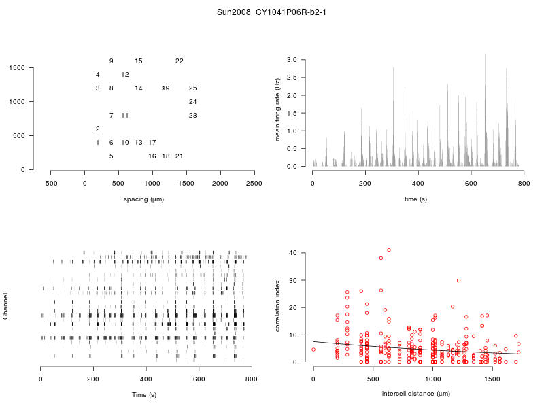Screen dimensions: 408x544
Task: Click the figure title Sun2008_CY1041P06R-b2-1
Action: pyautogui.click(x=272, y=12)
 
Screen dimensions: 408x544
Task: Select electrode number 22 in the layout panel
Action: pyautogui.click(x=180, y=61)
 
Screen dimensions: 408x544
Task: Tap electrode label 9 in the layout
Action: pyautogui.click(x=112, y=61)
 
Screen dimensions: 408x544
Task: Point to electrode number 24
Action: pyautogui.click(x=193, y=102)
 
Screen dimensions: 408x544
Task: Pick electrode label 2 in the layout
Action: pyautogui.click(x=98, y=129)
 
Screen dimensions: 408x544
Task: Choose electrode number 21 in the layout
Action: pyautogui.click(x=180, y=156)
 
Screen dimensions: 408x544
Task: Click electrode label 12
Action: pyautogui.click(x=125, y=75)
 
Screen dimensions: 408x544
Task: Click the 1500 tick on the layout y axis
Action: pyautogui.click(x=17, y=68)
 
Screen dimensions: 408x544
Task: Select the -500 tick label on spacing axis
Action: pyautogui.click(x=51, y=184)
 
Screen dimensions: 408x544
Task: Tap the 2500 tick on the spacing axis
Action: pyautogui.click(x=254, y=184)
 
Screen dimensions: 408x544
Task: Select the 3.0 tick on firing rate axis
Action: pyautogui.click(x=292, y=60)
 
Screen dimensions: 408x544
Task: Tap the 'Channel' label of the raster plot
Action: pyautogui.click(x=7, y=307)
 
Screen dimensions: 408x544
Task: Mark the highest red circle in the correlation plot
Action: pyautogui.click(x=389, y=250)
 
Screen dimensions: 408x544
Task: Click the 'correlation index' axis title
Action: pyautogui.click(x=277, y=307)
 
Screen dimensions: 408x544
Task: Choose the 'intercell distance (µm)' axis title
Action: pyautogui.click(x=416, y=394)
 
